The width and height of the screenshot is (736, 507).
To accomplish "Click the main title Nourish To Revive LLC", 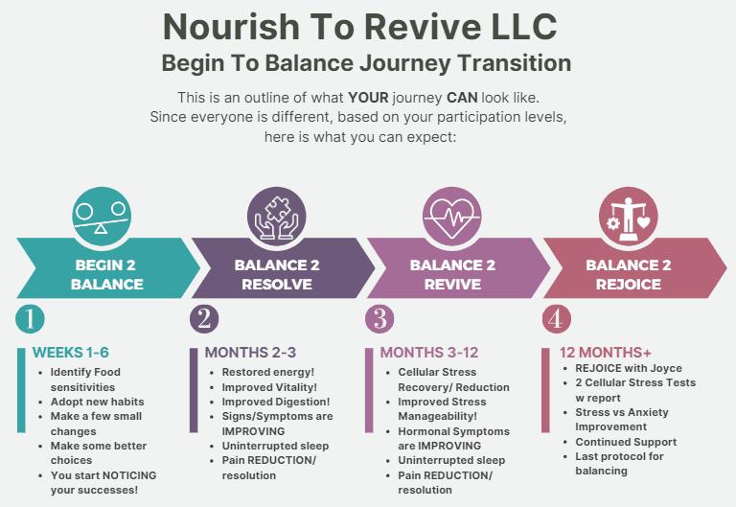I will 367,26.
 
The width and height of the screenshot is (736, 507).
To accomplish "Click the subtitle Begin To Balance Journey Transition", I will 367,63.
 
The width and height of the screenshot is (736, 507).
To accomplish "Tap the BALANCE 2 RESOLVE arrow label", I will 277,274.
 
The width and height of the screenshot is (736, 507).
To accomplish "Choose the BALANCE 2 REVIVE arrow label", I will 452,274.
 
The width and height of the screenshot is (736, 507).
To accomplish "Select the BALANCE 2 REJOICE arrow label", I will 629,274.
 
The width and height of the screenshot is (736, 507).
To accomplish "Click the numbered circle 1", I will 30,318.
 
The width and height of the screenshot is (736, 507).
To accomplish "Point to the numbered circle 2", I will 204,318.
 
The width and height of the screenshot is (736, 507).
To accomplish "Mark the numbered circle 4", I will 557,318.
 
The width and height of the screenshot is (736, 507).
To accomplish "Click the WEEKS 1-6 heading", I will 71,353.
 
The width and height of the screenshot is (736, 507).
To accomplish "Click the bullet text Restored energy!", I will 267,372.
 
